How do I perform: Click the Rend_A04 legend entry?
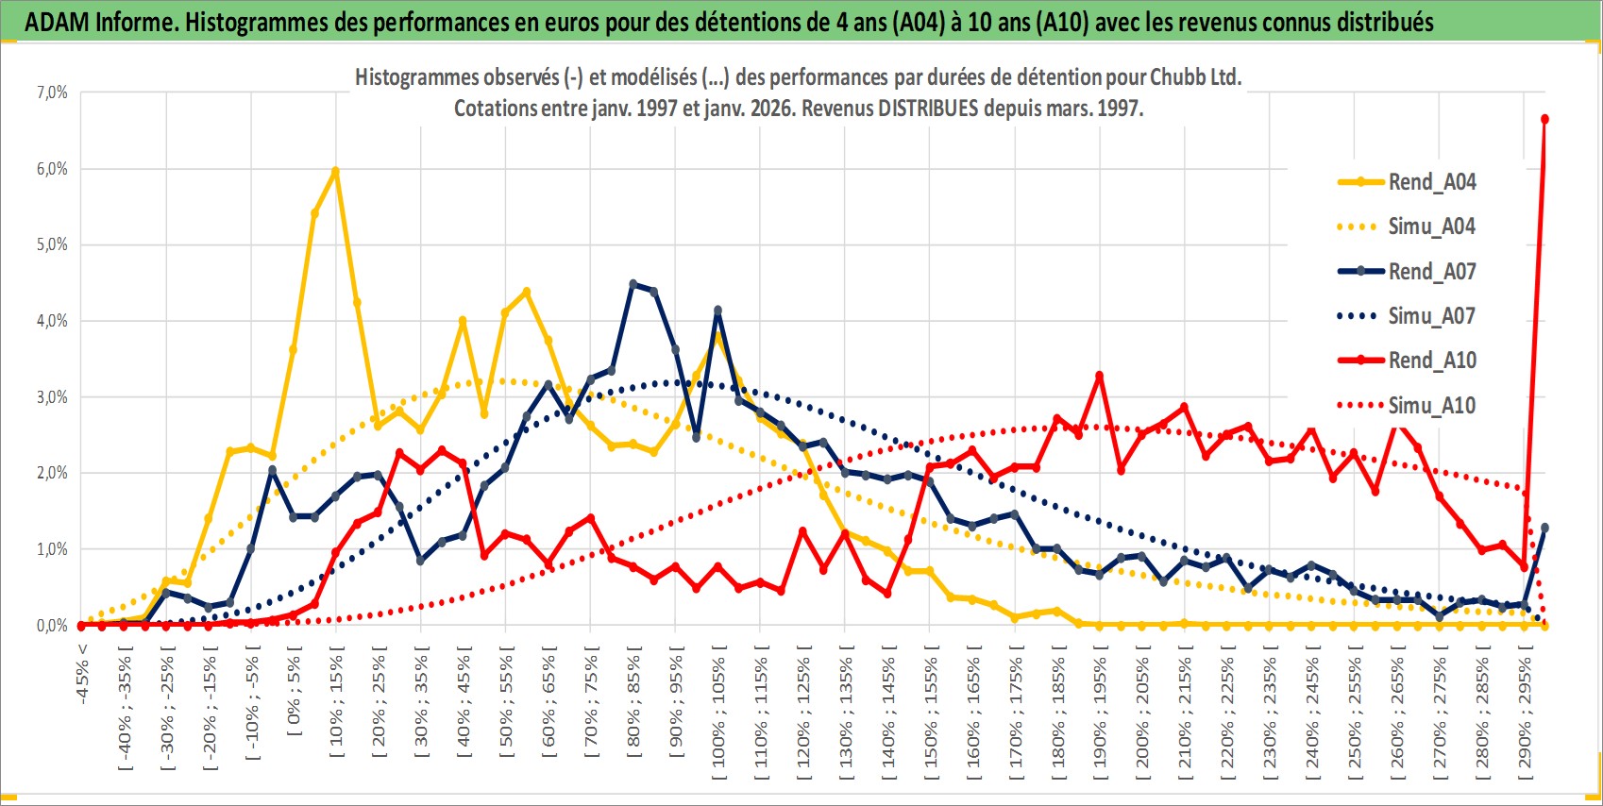click(1431, 182)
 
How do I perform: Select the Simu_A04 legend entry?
click(1431, 227)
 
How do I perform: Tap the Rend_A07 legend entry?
click(1431, 272)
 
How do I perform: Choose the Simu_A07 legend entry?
click(1431, 316)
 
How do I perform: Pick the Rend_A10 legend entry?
click(1431, 361)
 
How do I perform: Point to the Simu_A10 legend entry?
click(1431, 406)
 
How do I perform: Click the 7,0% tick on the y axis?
click(52, 92)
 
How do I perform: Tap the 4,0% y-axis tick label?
click(52, 321)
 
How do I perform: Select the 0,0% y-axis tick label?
click(52, 626)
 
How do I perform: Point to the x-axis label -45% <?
click(83, 674)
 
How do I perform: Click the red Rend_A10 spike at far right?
click(1544, 119)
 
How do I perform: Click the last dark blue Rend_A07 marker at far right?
click(1544, 528)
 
